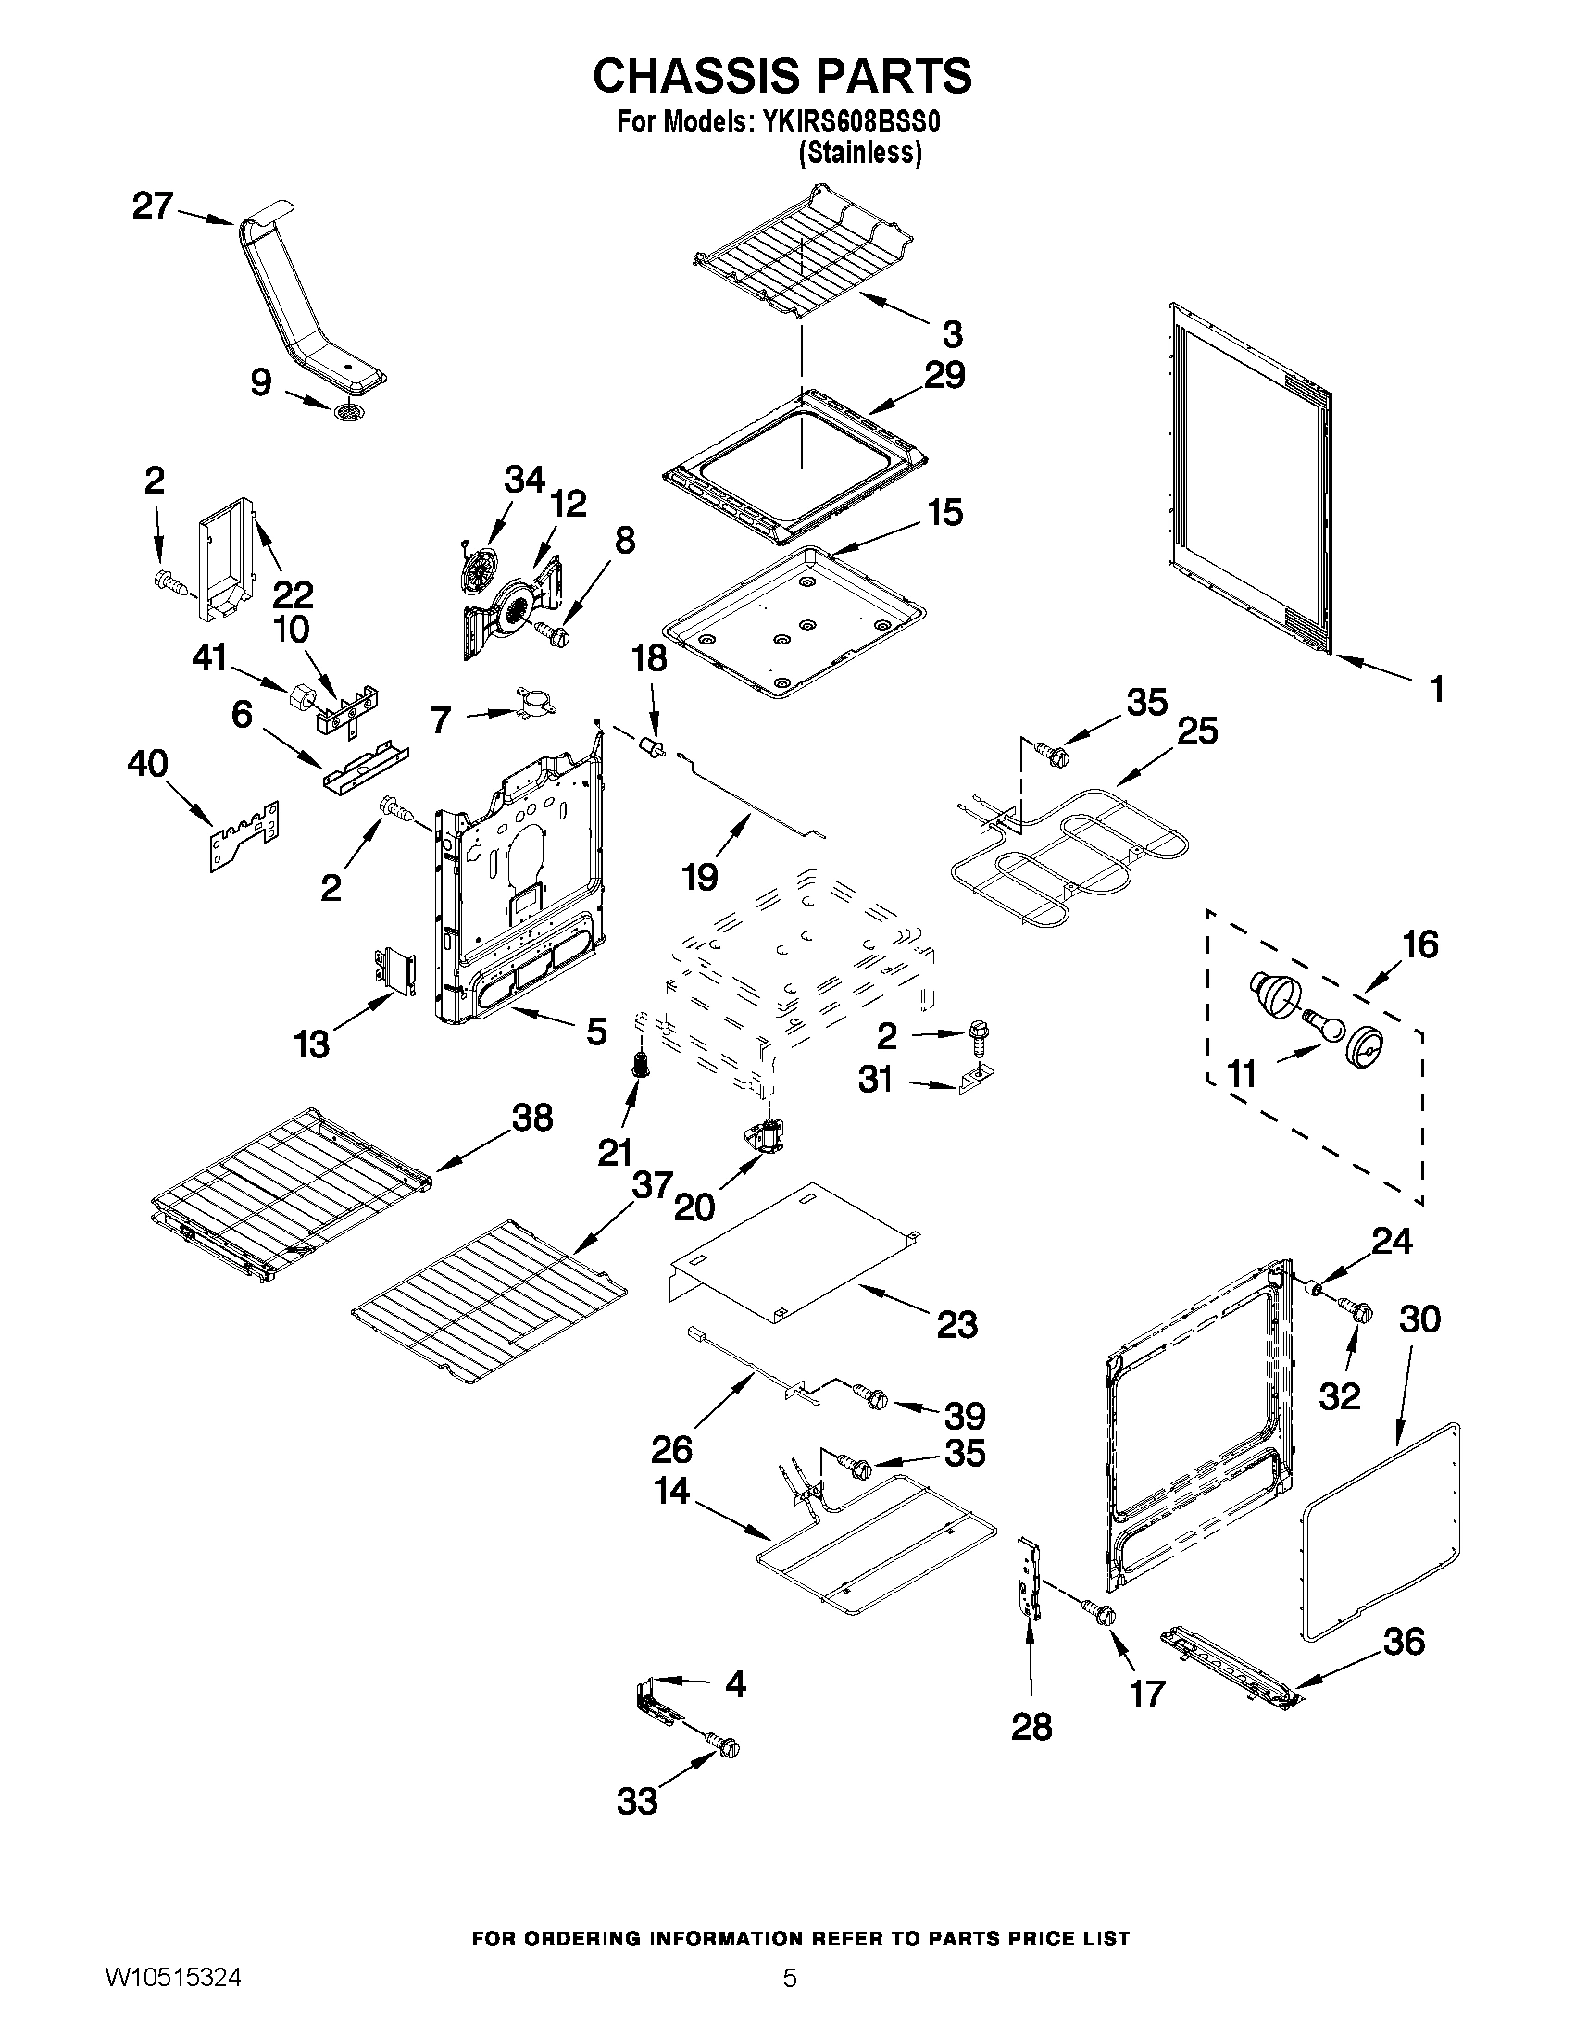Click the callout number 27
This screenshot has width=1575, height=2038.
(152, 206)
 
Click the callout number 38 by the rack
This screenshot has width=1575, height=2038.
(532, 1117)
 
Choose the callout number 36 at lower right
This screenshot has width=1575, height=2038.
(1404, 1642)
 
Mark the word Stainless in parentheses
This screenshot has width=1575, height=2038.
(859, 153)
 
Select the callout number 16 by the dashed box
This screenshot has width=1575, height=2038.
(1420, 944)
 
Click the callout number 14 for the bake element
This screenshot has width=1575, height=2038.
(672, 1490)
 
